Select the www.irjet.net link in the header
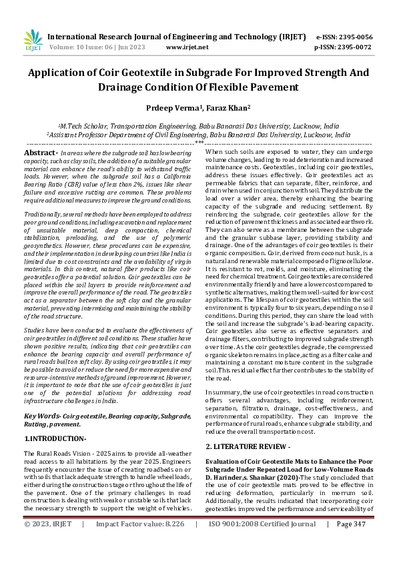[184, 48]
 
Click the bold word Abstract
[40, 153]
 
